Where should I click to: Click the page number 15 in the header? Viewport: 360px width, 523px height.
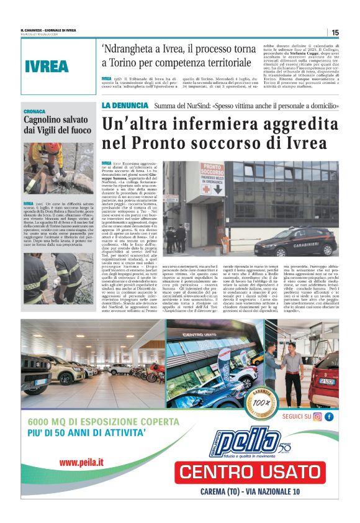(x=335, y=32)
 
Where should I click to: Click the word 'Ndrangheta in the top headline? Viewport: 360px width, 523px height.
(x=127, y=49)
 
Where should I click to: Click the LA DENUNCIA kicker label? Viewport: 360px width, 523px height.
(x=125, y=105)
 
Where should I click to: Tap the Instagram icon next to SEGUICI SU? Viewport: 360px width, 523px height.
(x=317, y=417)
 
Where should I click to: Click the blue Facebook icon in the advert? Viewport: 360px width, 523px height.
(x=328, y=417)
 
